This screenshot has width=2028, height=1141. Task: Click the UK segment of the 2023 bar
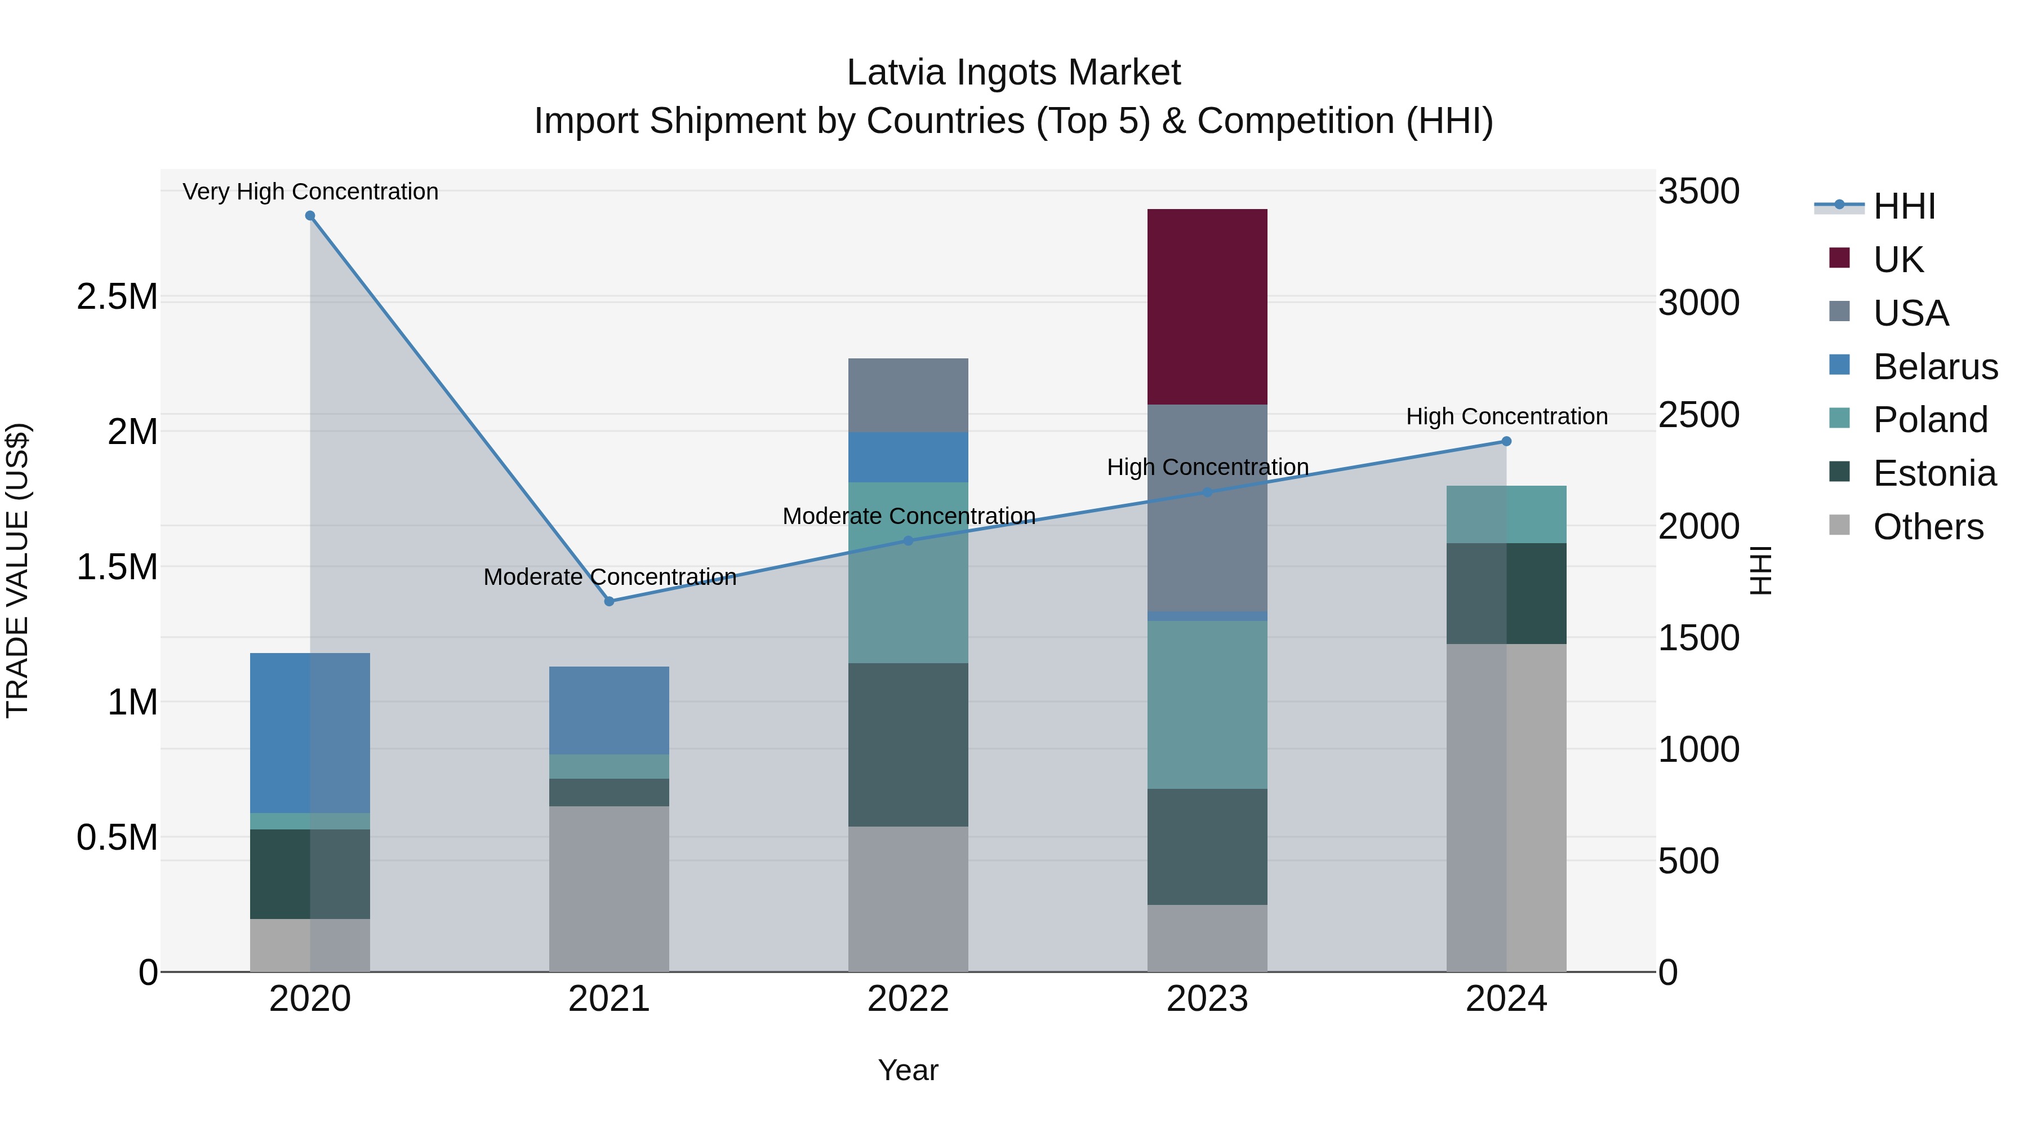1207,307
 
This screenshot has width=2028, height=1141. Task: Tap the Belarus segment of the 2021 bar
608,711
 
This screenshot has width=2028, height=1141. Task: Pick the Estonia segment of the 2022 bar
908,744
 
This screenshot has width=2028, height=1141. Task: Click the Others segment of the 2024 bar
1506,807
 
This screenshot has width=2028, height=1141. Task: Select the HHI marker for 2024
1506,441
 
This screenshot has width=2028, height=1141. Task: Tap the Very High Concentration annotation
310,192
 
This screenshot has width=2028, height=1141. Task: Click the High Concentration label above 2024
1506,416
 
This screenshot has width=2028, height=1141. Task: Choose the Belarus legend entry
1934,366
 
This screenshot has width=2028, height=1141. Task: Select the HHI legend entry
1903,206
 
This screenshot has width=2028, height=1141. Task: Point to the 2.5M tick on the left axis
117,297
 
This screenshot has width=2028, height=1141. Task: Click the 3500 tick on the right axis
1698,192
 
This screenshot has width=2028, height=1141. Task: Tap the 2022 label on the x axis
908,999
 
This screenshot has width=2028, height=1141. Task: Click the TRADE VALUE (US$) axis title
17,570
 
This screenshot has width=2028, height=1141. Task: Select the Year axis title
908,1070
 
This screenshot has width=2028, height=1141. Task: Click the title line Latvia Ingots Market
1013,73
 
